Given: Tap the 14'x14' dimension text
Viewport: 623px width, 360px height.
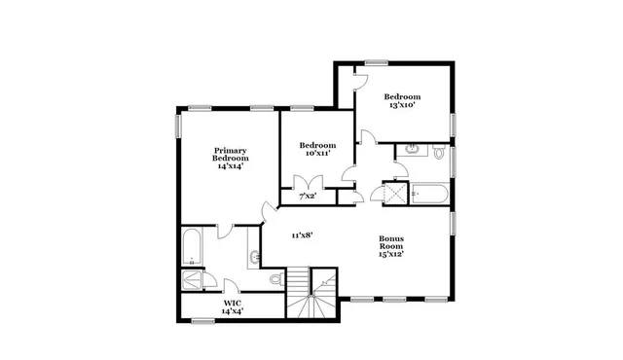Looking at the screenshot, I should click(231, 166).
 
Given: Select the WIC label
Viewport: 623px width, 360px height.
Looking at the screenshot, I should click(232, 303).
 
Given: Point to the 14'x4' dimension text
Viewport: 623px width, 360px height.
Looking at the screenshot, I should click(232, 311).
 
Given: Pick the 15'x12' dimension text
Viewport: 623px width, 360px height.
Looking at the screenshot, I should click(391, 254).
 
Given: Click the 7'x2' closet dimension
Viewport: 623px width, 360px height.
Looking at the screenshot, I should click(307, 198).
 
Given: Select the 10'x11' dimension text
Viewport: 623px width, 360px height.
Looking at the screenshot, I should click(317, 153).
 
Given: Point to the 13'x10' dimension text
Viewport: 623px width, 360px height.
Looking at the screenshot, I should click(401, 105).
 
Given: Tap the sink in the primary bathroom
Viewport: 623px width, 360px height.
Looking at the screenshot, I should click(255, 257).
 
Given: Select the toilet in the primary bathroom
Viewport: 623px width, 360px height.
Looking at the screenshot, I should click(275, 279).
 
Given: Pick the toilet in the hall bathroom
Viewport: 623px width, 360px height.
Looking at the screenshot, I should click(439, 153).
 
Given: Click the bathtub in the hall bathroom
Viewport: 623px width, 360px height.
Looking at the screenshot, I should click(429, 193).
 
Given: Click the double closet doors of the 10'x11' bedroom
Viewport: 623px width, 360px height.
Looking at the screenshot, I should click(309, 182).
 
